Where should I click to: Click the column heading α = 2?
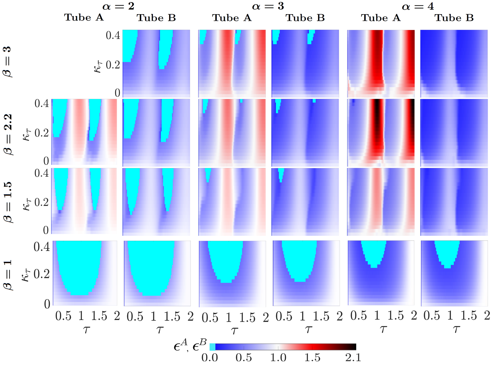[x=118, y=6]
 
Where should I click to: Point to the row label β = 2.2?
[x=9, y=134]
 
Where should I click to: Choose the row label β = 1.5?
[x=9, y=202]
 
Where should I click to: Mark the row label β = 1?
[x=9, y=274]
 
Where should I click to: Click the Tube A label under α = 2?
[x=84, y=18]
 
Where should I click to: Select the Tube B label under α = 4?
[x=454, y=18]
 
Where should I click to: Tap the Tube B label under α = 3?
[x=305, y=18]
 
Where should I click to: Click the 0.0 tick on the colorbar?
[x=209, y=358]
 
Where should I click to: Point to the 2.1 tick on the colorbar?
[x=353, y=358]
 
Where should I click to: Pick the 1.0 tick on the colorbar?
[x=278, y=358]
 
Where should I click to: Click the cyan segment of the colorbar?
[x=212, y=347]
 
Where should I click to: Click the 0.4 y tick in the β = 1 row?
[x=41, y=247]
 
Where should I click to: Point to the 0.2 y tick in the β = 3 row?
[x=113, y=65]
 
